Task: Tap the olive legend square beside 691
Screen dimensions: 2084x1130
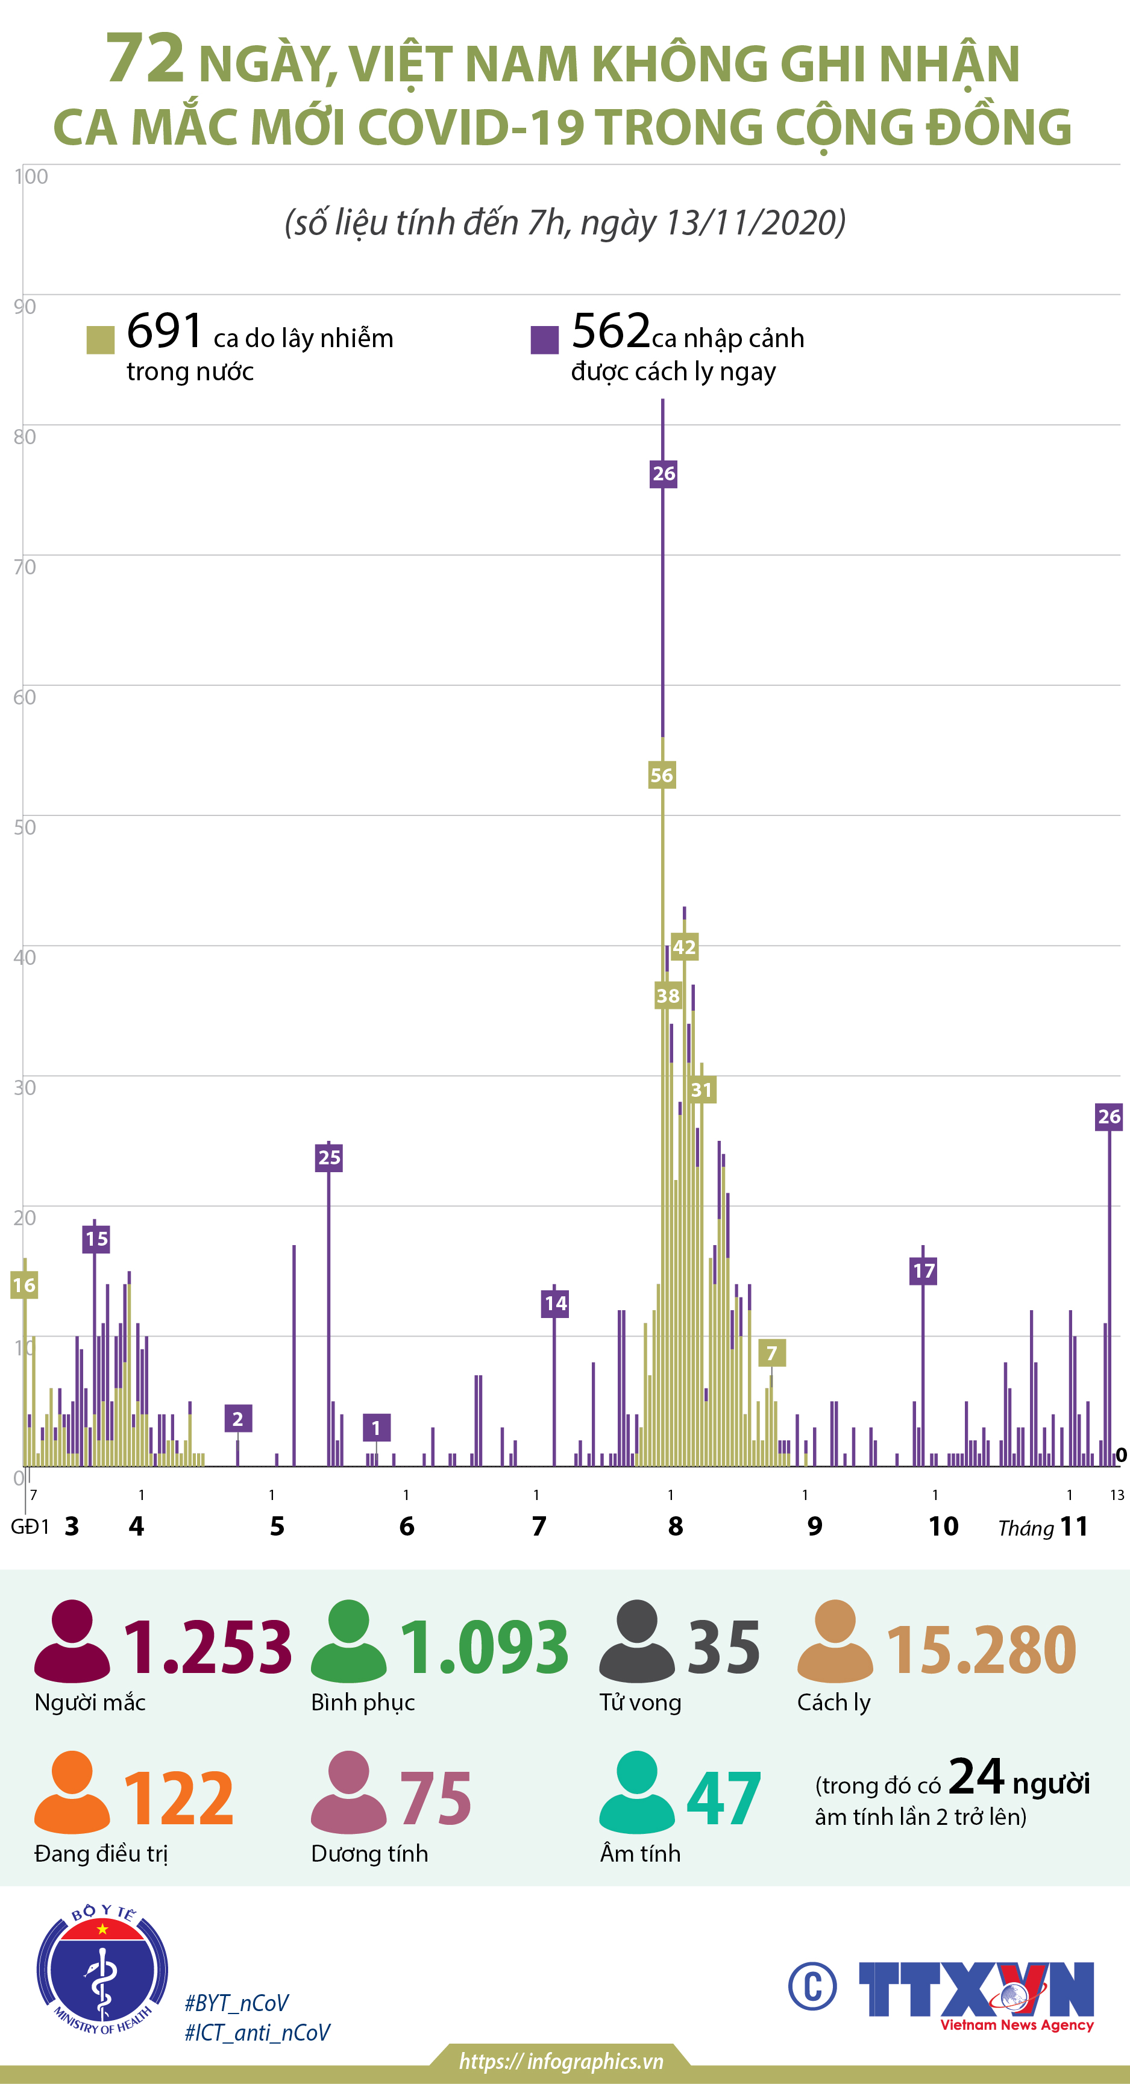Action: [100, 340]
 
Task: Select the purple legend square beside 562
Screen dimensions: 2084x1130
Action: [544, 340]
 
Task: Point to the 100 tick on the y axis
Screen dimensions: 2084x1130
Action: [31, 177]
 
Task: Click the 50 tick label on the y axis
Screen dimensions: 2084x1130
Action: [25, 827]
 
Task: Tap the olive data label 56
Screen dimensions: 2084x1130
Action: [662, 775]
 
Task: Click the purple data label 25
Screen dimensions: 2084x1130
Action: [329, 1158]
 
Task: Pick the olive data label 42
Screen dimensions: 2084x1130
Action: [684, 947]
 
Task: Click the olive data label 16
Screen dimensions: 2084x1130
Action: [24, 1285]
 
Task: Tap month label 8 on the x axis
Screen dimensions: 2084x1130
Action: [676, 1526]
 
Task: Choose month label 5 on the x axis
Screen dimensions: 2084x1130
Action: [277, 1526]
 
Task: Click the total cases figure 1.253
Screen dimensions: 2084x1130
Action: [207, 1646]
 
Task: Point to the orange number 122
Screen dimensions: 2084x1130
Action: [179, 1798]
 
